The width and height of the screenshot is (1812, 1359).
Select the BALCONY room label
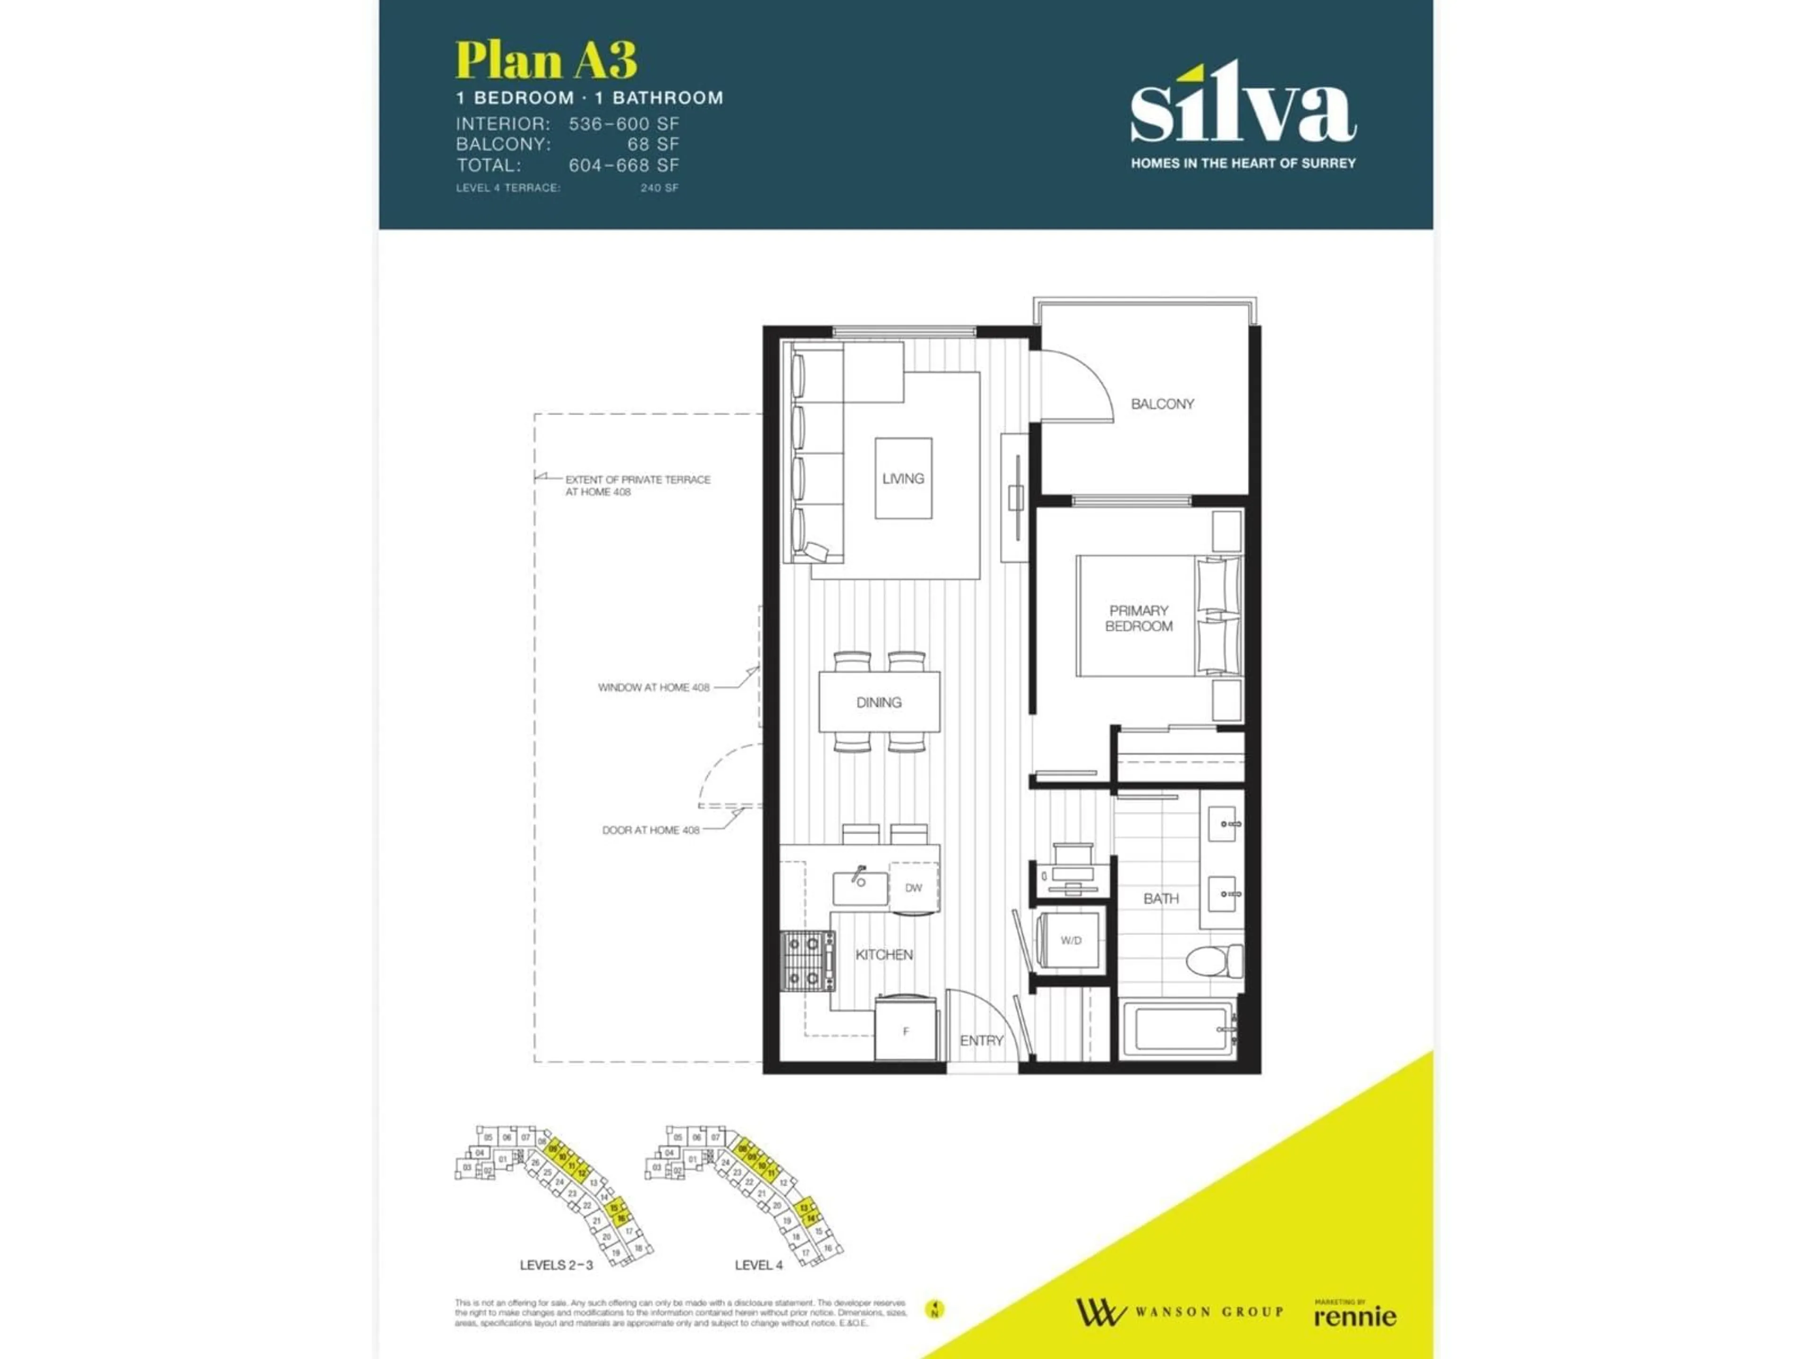(x=1162, y=404)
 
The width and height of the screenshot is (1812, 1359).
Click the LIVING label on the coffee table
(x=903, y=478)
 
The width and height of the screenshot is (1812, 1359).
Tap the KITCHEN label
(x=884, y=954)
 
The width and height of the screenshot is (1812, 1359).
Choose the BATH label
(x=1161, y=898)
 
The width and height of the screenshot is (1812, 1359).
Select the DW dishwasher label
(x=914, y=887)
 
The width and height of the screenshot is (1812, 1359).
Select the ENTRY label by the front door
(x=981, y=1040)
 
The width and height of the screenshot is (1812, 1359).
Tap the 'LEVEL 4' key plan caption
(x=759, y=1265)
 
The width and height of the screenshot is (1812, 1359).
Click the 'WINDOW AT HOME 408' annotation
(x=653, y=687)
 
